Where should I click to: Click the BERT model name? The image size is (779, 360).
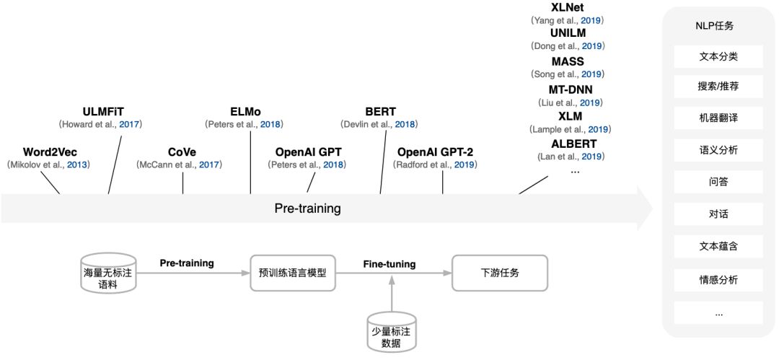click(x=380, y=111)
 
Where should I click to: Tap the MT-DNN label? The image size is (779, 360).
click(x=571, y=89)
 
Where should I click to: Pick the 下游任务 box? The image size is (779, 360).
click(x=499, y=273)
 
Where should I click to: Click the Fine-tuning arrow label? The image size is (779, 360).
click(x=389, y=264)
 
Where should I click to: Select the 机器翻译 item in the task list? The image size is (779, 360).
click(x=718, y=118)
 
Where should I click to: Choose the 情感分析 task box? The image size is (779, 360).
click(x=718, y=280)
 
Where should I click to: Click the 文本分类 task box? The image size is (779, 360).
click(x=718, y=56)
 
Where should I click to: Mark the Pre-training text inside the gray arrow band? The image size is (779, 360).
click(x=307, y=208)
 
